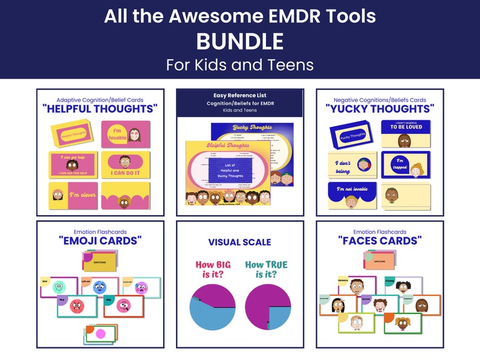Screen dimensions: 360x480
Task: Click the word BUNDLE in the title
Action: [x=240, y=41]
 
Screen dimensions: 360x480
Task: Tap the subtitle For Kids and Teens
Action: [x=240, y=65]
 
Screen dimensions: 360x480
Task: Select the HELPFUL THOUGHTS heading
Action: [x=100, y=109]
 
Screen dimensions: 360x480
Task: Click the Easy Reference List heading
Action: [x=240, y=95]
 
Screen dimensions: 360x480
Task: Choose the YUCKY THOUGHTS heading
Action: [x=380, y=109]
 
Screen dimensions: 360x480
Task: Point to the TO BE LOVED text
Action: [x=405, y=128]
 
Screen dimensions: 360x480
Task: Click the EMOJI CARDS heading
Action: [x=100, y=240]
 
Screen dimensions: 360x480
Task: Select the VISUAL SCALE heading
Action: [x=240, y=242]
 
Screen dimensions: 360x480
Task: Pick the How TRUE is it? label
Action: [x=267, y=269]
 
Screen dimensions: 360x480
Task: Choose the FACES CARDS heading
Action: [x=380, y=240]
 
